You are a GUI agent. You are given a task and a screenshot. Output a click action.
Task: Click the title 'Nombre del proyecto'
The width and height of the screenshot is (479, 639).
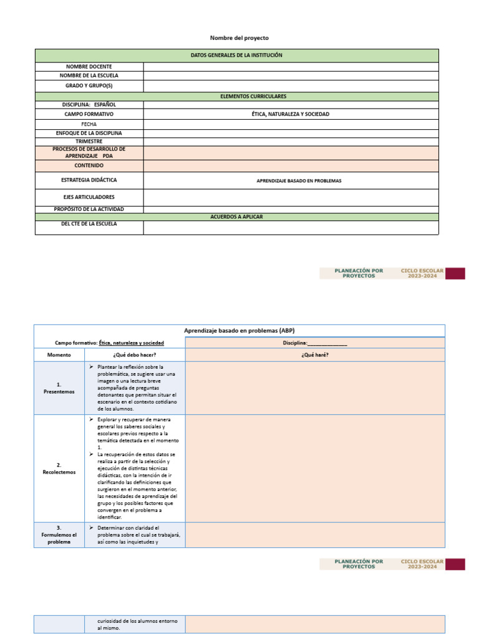point(239,38)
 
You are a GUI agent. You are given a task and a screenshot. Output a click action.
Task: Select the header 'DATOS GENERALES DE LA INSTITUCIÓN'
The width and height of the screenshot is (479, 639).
point(236,56)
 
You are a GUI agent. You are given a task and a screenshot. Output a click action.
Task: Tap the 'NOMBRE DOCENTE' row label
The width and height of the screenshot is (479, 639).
point(89,66)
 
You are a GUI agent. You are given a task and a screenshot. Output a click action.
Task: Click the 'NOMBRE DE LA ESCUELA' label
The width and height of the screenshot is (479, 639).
point(89,76)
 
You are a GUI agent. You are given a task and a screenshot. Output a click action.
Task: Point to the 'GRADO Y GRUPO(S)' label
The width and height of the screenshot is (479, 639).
point(89,85)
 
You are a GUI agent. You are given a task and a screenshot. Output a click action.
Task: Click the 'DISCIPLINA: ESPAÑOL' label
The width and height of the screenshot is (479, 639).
point(89,105)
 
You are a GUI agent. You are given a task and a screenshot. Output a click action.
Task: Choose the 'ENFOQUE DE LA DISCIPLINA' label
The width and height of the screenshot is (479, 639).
point(89,133)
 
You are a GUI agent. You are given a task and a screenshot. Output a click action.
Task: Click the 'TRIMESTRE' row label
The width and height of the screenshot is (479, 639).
point(89,142)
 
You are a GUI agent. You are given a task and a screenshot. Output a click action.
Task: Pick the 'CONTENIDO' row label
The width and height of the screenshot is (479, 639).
point(89,166)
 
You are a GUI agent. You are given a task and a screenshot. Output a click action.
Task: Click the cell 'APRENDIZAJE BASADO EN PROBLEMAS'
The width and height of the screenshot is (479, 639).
point(299,181)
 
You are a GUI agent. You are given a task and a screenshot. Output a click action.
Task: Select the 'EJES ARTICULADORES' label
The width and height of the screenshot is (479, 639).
point(89,197)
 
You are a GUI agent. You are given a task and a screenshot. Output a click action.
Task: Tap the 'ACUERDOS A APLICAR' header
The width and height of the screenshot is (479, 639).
point(236,217)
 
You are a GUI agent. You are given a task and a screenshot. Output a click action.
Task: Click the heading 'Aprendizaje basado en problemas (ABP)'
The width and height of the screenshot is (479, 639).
point(239,330)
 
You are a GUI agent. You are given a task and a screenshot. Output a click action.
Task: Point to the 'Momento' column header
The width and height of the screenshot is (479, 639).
point(59,355)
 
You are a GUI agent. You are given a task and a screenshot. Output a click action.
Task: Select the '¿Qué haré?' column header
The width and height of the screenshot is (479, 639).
point(315,355)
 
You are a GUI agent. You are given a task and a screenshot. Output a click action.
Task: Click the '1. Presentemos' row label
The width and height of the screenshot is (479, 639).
point(59,388)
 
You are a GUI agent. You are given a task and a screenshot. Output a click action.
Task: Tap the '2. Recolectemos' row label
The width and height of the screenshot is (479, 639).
point(59,469)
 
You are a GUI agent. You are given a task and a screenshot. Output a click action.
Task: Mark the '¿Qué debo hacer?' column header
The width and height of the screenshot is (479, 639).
point(135,355)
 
